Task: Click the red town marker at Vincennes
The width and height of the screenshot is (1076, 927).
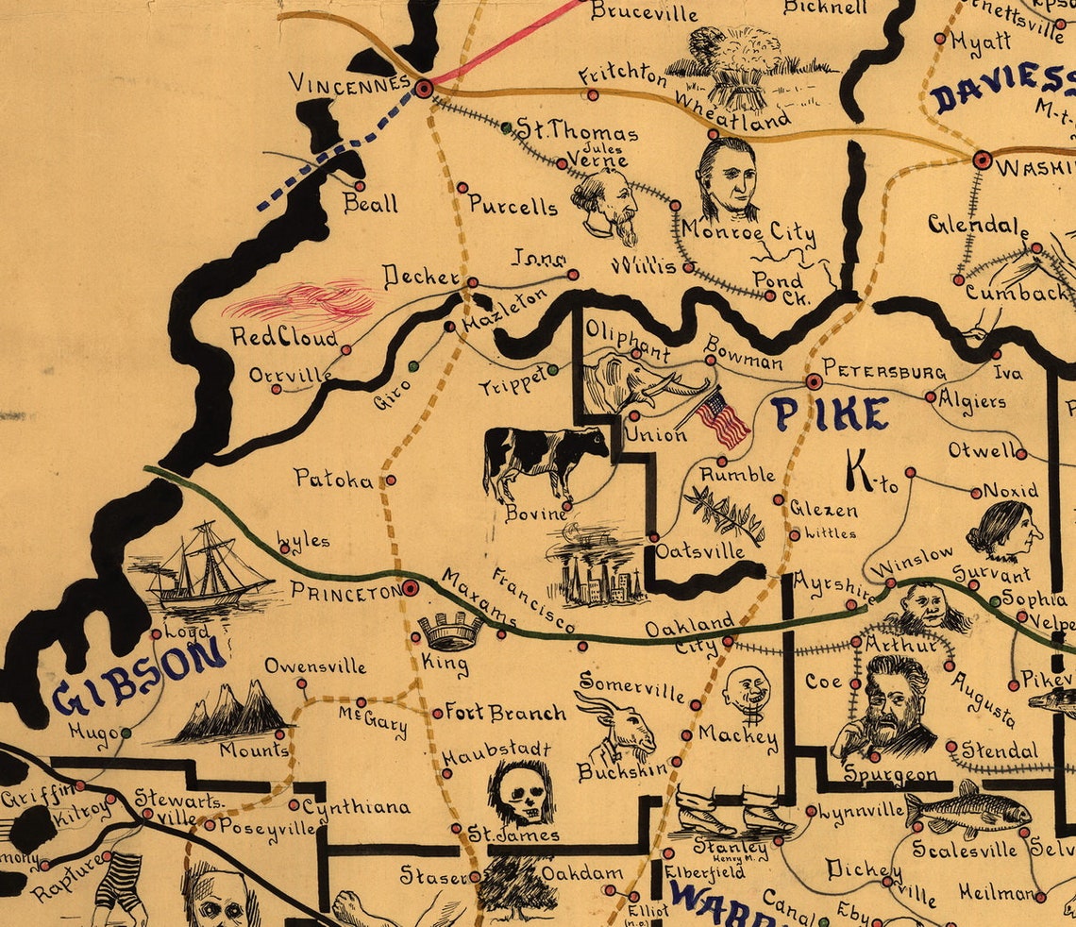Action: coord(424,88)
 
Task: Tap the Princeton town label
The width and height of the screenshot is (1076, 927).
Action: coord(345,592)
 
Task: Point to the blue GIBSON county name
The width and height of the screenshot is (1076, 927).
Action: coord(140,674)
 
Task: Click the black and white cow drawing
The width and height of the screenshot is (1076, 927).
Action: coord(544,460)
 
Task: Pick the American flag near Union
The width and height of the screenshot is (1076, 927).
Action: coord(723,420)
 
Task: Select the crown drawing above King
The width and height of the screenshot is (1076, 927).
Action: coord(449,630)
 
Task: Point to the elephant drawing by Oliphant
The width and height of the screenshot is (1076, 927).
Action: coord(637,382)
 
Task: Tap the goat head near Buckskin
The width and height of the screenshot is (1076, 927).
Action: coord(620,725)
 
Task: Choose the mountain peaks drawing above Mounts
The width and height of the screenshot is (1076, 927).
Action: coord(228,710)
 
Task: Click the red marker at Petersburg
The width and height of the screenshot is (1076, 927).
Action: coord(813,381)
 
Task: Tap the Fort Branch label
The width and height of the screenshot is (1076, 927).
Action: coord(505,713)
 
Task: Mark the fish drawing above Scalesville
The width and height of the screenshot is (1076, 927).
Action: coord(967,808)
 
